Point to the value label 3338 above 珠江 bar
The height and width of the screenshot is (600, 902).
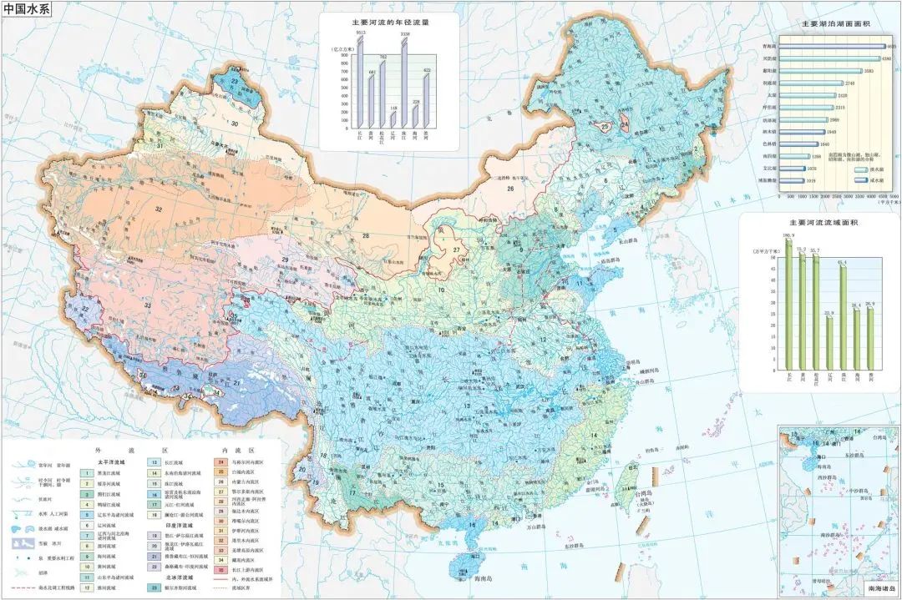404,34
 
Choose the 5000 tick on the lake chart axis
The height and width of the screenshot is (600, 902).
886,197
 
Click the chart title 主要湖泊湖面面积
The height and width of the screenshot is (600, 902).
836,24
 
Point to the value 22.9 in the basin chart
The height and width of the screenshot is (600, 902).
829,313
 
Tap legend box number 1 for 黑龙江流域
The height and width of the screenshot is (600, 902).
85,472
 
